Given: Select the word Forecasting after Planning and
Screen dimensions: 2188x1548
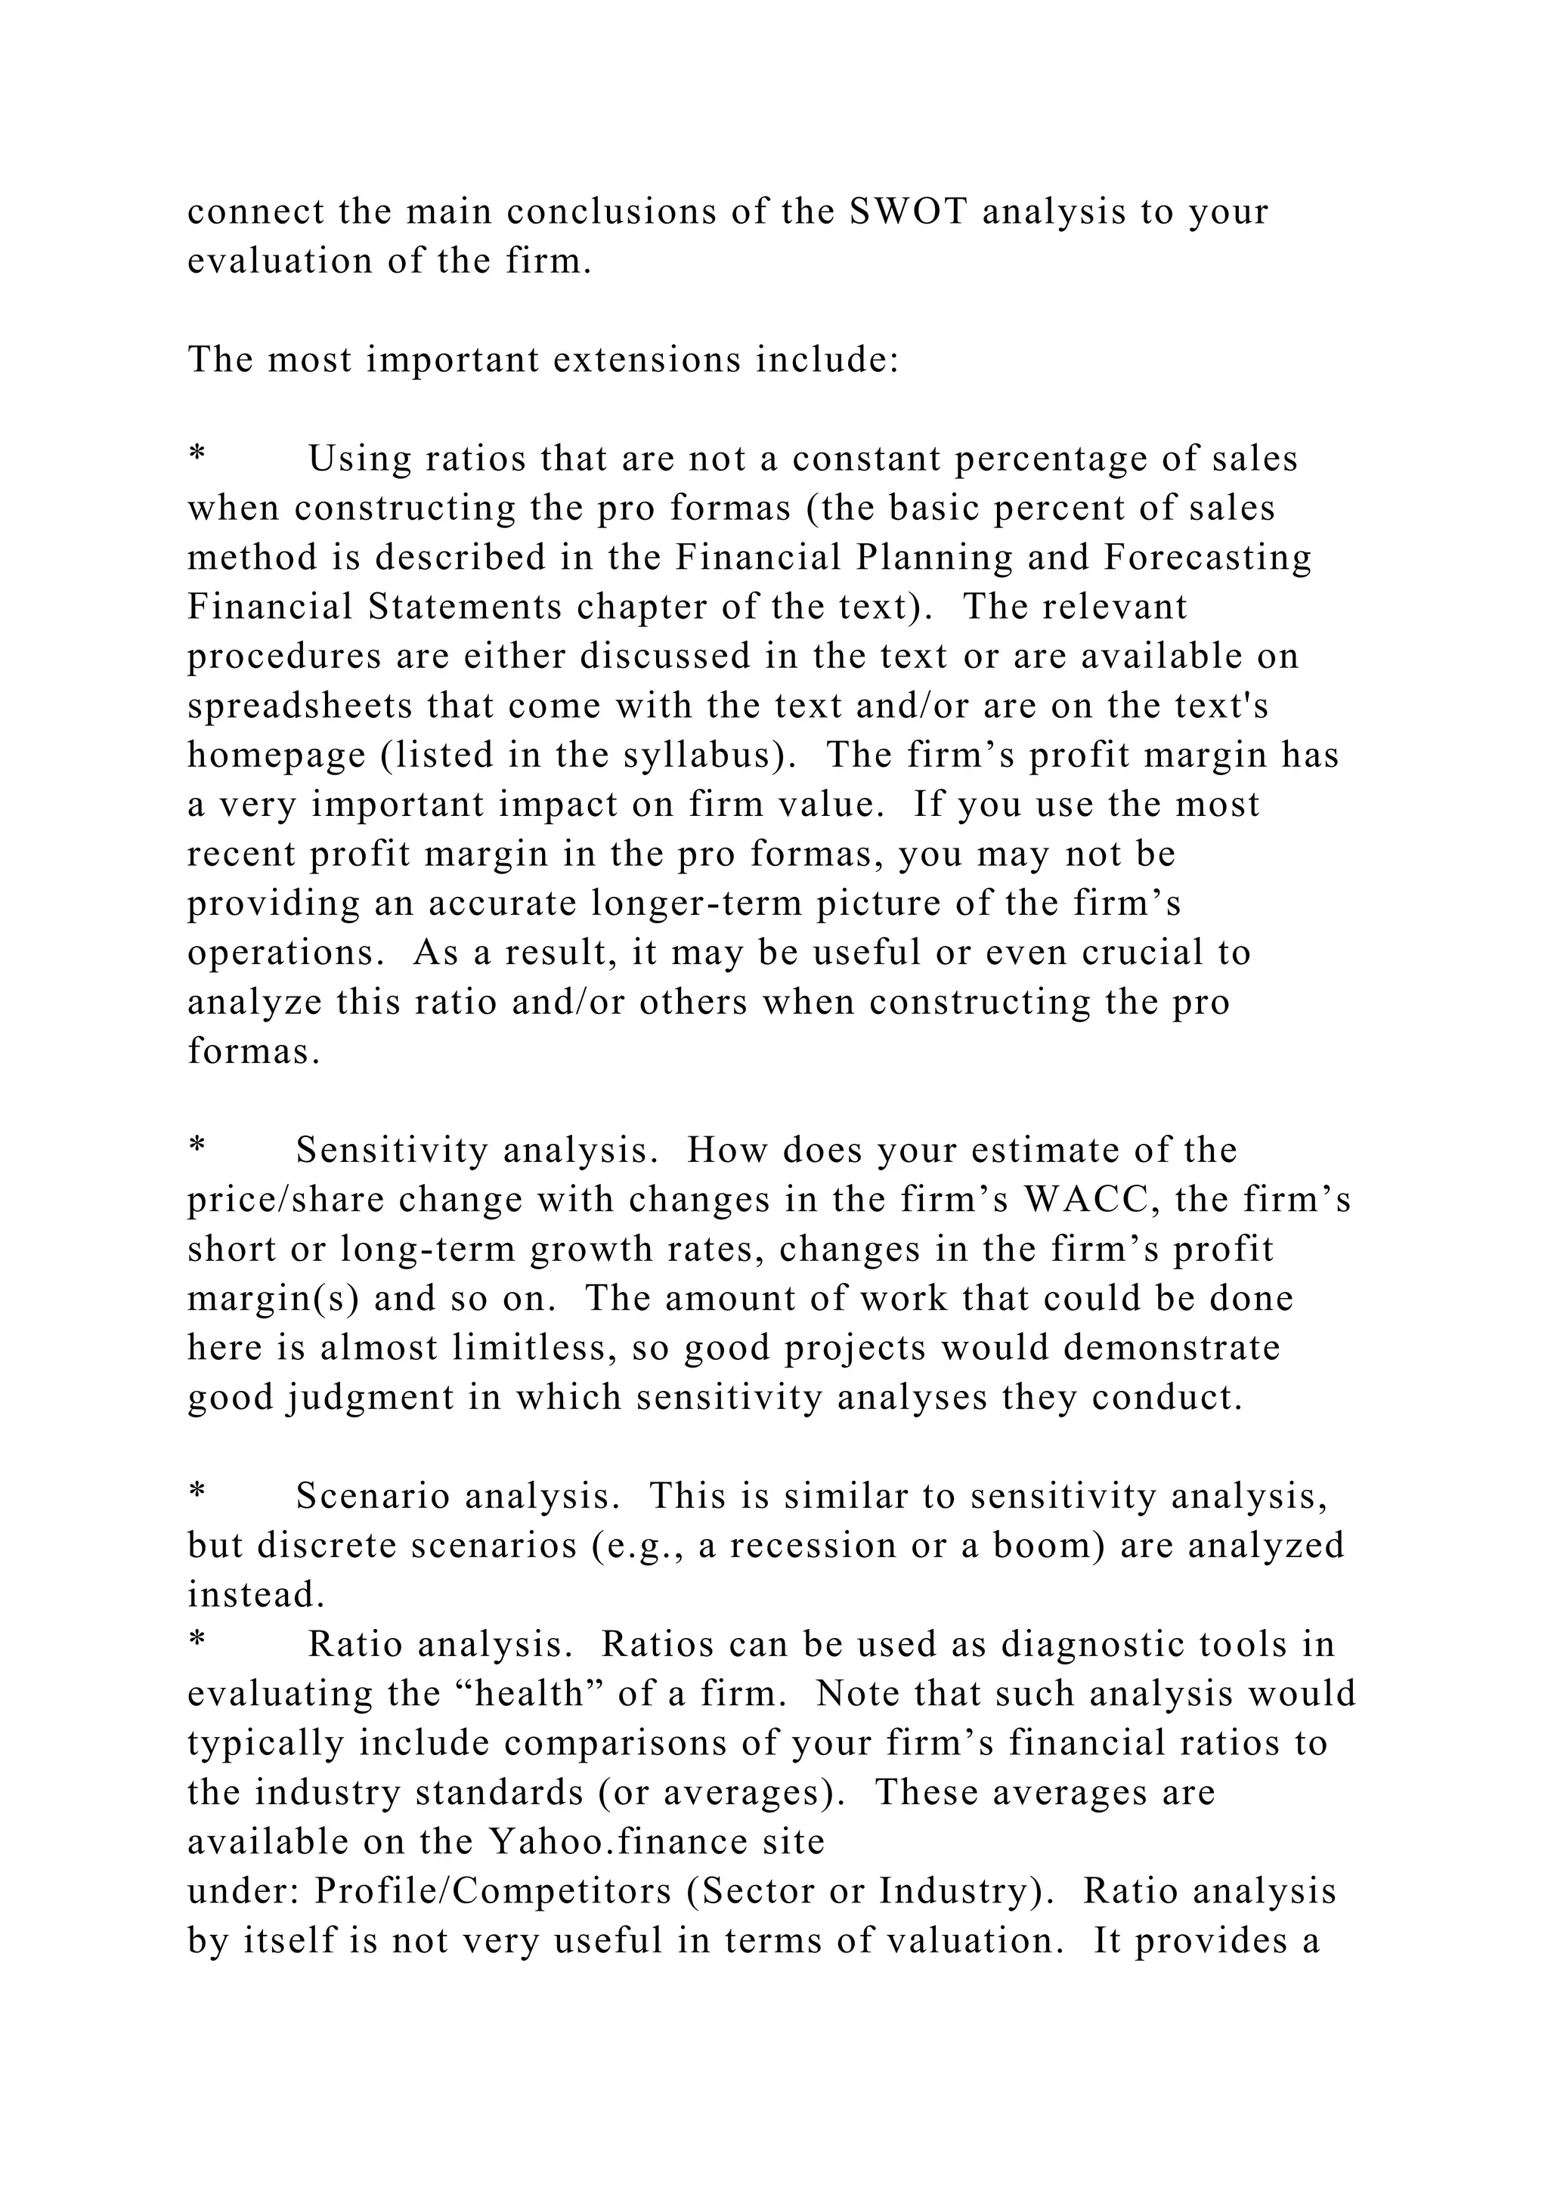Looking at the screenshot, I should coord(1208,558).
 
